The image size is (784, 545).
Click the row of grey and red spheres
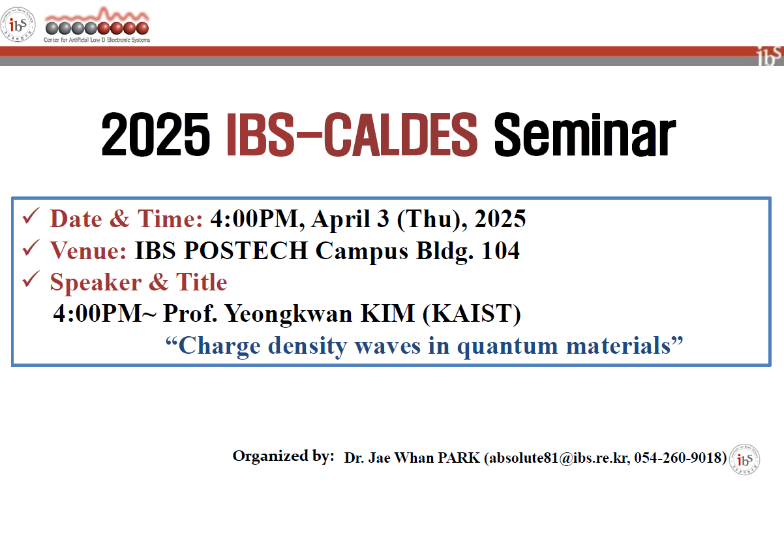(x=97, y=28)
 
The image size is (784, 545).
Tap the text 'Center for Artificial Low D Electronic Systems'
(x=97, y=40)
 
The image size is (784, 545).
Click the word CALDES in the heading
(x=400, y=134)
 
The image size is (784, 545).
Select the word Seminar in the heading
(x=584, y=134)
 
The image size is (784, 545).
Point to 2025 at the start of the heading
(x=156, y=134)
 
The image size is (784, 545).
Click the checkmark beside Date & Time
(x=31, y=216)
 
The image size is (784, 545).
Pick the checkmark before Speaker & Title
(x=31, y=279)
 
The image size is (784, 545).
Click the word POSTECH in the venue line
(x=246, y=251)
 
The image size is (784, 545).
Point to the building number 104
(x=500, y=251)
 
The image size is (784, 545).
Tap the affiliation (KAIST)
(x=472, y=314)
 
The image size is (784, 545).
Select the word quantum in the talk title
(x=507, y=347)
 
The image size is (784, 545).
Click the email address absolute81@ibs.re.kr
(x=559, y=458)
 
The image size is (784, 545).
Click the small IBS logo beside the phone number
(x=744, y=459)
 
